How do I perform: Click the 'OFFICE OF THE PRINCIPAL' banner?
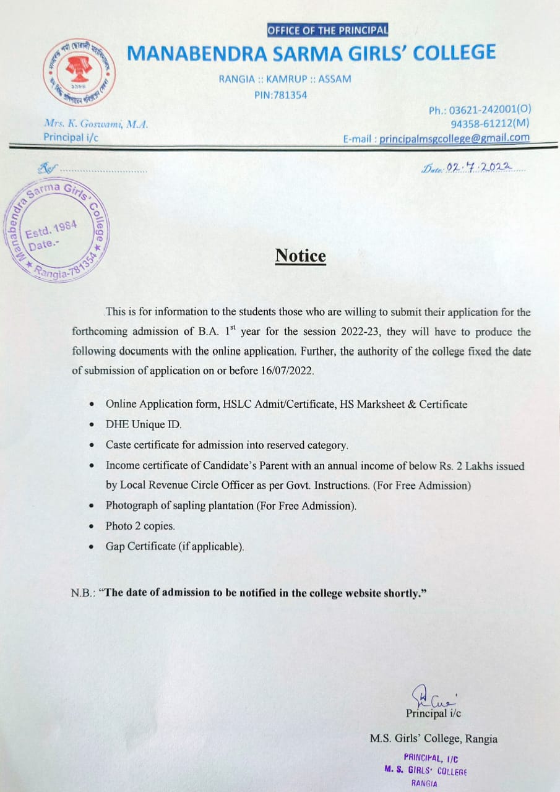pos(327,30)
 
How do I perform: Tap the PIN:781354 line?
pos(280,95)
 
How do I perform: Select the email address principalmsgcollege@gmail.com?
pos(454,138)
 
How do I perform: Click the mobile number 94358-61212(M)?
pos(490,124)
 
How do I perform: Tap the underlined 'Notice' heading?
pos(300,256)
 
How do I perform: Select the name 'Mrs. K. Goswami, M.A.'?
pos(95,124)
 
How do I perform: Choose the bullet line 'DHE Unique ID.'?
pos(144,424)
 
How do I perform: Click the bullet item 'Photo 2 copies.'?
pos(140,526)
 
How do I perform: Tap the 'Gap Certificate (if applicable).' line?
pos(175,546)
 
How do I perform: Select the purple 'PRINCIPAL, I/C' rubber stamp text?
pos(431,757)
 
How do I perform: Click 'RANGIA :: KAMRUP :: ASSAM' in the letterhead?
pos(285,79)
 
